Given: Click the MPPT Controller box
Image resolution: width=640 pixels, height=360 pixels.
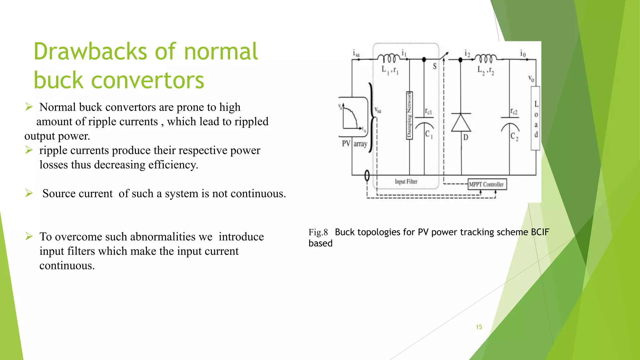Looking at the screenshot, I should coord(487,184).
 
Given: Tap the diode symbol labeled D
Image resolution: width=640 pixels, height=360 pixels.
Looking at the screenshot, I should coord(461,123).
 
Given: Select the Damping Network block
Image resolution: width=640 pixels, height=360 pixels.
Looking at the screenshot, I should coord(409,115).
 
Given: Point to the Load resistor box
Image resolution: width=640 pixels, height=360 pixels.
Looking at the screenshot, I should coord(536,118).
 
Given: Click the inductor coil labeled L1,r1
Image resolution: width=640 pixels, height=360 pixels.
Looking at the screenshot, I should coord(389,58).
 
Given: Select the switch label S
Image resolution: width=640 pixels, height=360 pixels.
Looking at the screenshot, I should coord(435,66).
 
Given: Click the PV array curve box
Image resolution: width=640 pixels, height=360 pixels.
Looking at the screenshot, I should coord(353,117).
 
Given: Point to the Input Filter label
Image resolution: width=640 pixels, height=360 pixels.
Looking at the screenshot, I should coord(406,182).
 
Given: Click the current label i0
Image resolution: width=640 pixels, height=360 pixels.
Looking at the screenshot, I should coord(523,53).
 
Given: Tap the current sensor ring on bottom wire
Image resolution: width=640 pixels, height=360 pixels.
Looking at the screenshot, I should coord(367,176).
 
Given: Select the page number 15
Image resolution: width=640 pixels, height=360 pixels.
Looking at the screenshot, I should coord(479,327).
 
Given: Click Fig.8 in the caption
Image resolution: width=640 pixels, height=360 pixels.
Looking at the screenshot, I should coord(318,232).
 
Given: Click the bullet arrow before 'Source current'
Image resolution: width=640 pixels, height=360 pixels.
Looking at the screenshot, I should coord(29,193).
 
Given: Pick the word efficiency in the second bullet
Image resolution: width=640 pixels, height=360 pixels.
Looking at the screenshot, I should coord(173,165).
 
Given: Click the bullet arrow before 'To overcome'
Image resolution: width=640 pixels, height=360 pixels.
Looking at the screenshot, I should coord(29,237).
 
